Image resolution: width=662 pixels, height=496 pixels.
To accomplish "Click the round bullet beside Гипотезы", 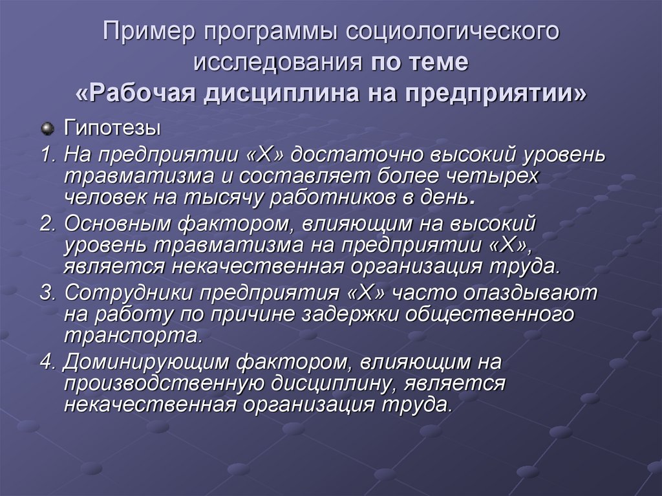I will tap(47, 129).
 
